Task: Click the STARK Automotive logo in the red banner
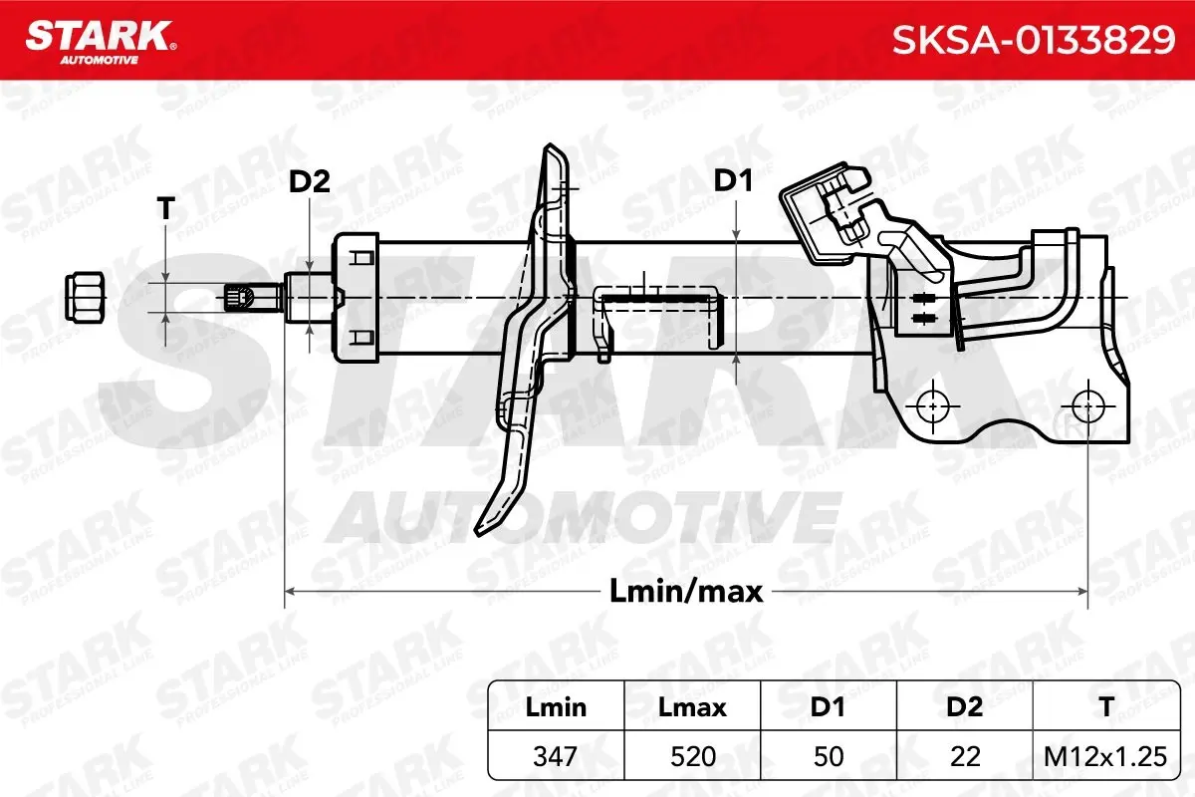[101, 43]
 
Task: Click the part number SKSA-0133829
[1034, 40]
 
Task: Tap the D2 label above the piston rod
[310, 182]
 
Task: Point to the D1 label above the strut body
[733, 180]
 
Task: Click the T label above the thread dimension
[166, 208]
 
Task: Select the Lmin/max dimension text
[686, 592]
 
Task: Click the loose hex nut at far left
[85, 297]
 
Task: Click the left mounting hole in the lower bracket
[932, 406]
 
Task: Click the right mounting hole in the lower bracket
[1087, 406]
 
